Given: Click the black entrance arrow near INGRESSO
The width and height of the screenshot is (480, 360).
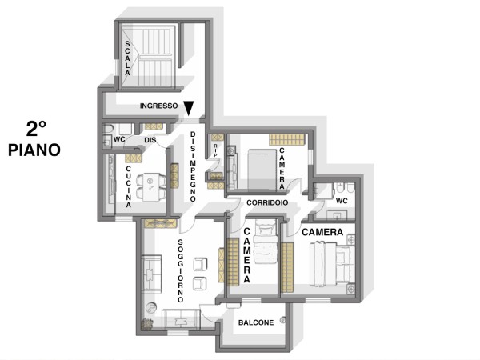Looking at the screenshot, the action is point(189,108).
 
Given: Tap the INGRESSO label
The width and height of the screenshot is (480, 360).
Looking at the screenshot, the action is point(158,106).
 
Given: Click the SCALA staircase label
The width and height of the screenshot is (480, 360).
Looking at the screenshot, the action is point(128,58).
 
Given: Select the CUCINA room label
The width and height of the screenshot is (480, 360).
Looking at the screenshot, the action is point(129,186).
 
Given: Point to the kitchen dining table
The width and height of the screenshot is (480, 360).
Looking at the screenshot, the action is point(150,187).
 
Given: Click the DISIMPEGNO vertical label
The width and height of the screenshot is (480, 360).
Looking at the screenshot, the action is point(193,166).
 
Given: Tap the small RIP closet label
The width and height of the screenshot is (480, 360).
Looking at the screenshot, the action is point(215,151).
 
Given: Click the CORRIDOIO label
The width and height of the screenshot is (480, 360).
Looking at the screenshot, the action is point(267,202).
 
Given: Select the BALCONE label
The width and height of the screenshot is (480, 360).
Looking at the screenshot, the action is point(256,322).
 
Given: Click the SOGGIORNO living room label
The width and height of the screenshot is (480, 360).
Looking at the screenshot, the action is point(181,270).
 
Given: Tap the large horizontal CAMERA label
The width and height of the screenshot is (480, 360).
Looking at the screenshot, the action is point(322,232).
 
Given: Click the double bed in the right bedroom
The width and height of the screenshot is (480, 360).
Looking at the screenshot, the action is point(331,263).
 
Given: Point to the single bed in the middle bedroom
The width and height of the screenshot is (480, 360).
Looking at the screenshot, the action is point(266,242).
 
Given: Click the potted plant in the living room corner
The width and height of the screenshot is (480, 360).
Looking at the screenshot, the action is point(147,324).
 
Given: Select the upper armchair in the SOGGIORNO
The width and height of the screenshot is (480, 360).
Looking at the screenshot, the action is point(200,264).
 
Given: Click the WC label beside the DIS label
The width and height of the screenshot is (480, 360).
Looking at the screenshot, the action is point(119,139).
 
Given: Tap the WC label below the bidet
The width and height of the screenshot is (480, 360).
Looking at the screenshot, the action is point(342,201).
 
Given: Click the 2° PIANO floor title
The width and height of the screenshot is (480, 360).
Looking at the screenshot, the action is point(34,139).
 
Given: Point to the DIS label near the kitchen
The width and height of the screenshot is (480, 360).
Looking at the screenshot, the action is point(150,140).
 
